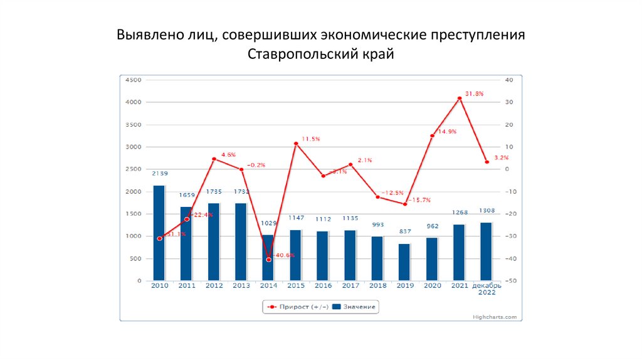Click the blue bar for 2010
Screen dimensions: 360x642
[159, 233]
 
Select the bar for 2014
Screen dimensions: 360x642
[268, 258]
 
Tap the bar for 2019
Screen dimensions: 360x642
[405, 262]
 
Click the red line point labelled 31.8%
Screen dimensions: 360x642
[460, 98]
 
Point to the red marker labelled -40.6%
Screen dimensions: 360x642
[269, 259]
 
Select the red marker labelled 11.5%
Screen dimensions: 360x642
[296, 144]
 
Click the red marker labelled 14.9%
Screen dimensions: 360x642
[432, 135]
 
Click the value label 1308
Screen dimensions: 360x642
[487, 211]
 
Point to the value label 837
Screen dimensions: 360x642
[405, 231]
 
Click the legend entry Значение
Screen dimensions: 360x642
[354, 307]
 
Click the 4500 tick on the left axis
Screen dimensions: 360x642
[134, 80]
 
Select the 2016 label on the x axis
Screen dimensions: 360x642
[324, 286]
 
